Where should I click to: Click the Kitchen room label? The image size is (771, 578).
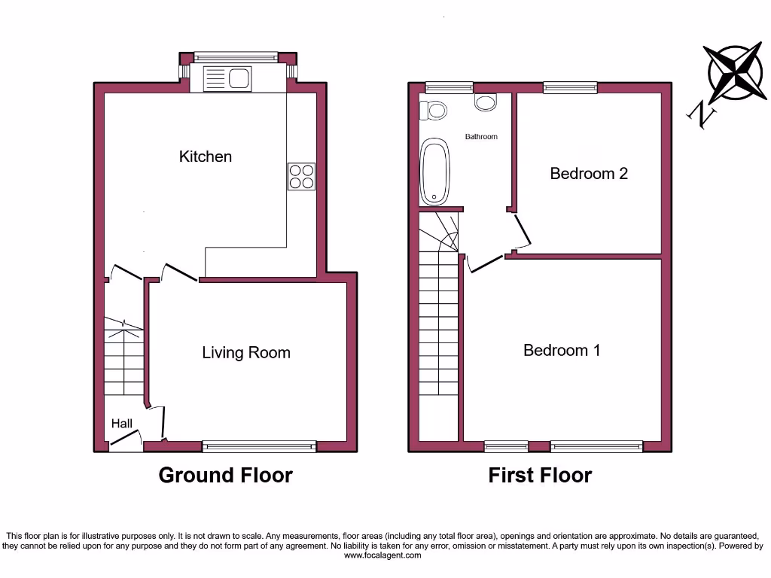(x=205, y=157)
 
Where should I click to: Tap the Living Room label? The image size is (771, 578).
(x=245, y=353)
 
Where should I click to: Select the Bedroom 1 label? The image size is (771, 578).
(x=562, y=351)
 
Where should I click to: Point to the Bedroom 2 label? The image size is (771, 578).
(x=589, y=174)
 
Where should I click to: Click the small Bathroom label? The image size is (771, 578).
(x=481, y=137)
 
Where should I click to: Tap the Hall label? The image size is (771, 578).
(x=122, y=424)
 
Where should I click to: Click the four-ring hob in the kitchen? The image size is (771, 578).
(x=301, y=176)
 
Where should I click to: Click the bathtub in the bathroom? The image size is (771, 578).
(x=434, y=172)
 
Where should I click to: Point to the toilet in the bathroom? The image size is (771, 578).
(x=434, y=111)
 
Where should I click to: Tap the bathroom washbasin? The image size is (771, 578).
(x=486, y=102)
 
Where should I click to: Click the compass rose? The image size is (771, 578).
(x=736, y=73)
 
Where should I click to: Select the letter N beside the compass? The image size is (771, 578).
(x=702, y=115)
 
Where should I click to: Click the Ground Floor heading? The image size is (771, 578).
(x=225, y=476)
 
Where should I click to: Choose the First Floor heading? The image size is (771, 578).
(x=540, y=476)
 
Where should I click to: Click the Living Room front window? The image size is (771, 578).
(x=259, y=446)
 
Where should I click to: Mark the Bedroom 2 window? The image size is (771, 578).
(x=570, y=88)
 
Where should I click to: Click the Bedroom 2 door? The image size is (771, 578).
(x=524, y=231)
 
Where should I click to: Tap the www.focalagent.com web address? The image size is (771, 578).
(x=383, y=555)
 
